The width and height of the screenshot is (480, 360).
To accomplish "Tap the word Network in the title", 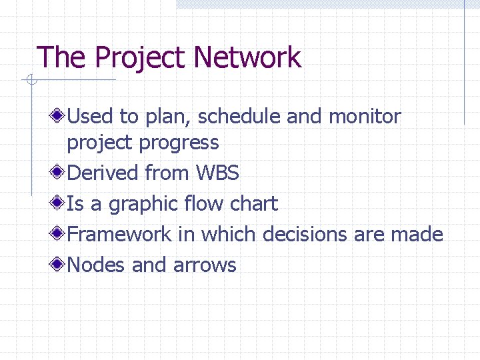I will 248,58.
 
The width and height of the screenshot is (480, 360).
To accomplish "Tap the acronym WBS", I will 217,173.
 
